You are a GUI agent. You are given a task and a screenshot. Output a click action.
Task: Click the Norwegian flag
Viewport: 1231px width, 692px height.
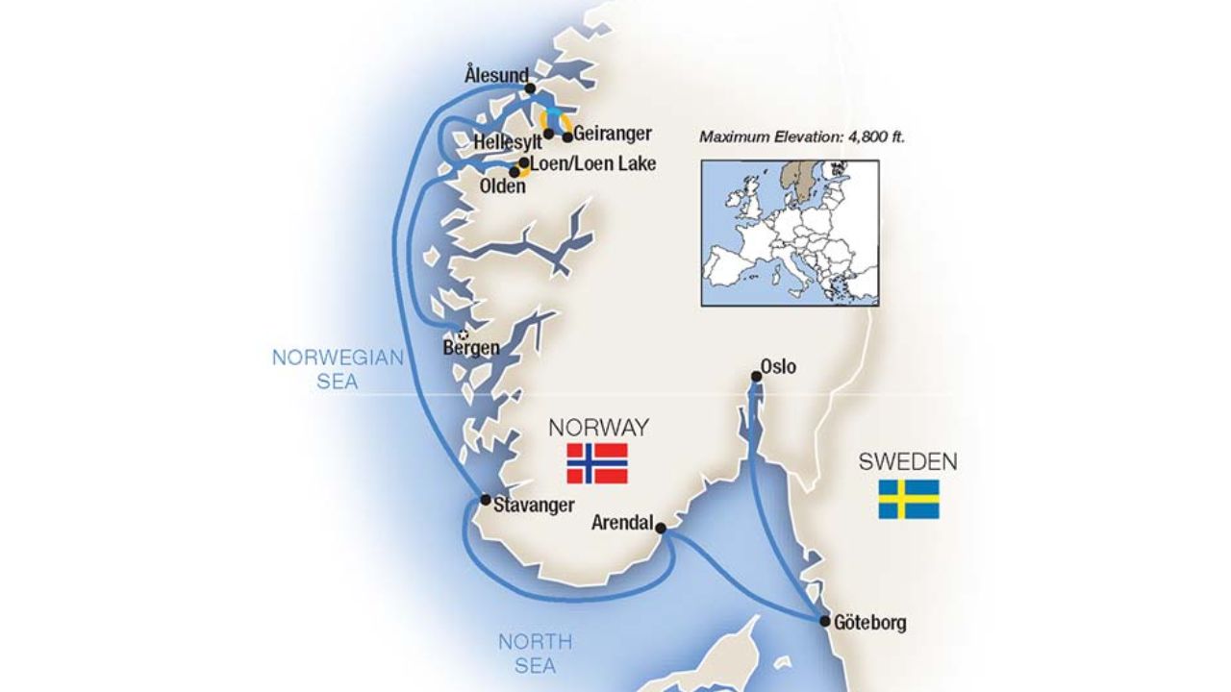pos(597,463)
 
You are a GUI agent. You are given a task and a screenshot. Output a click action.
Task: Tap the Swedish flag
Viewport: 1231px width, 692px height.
pos(908,499)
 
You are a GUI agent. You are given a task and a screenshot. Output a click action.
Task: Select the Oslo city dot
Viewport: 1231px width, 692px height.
pos(756,378)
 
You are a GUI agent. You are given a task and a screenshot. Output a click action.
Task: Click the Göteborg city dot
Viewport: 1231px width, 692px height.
pos(825,621)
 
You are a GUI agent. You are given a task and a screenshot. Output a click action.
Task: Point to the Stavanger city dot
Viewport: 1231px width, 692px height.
pos(486,500)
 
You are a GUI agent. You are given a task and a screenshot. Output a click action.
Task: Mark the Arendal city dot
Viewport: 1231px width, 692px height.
pos(660,528)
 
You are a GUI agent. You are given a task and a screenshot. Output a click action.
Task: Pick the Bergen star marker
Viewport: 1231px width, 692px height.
pos(464,334)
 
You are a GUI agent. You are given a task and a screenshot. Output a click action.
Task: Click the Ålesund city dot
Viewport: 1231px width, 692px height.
pos(530,89)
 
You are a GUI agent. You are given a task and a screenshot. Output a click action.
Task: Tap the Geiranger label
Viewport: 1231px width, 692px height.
pos(613,135)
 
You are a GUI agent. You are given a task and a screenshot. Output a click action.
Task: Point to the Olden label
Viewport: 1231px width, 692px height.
pos(502,186)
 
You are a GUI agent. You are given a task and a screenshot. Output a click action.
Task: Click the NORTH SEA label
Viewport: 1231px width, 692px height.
pos(535,653)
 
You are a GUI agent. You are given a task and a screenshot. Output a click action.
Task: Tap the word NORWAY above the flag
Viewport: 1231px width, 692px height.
pos(598,428)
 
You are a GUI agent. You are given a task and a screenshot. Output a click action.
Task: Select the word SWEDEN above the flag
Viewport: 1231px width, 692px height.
pos(908,462)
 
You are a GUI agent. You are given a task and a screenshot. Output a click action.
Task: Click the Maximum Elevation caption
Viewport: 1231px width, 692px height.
pos(802,137)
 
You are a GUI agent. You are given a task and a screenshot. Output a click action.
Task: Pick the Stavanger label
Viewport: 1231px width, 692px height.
pos(534,506)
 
